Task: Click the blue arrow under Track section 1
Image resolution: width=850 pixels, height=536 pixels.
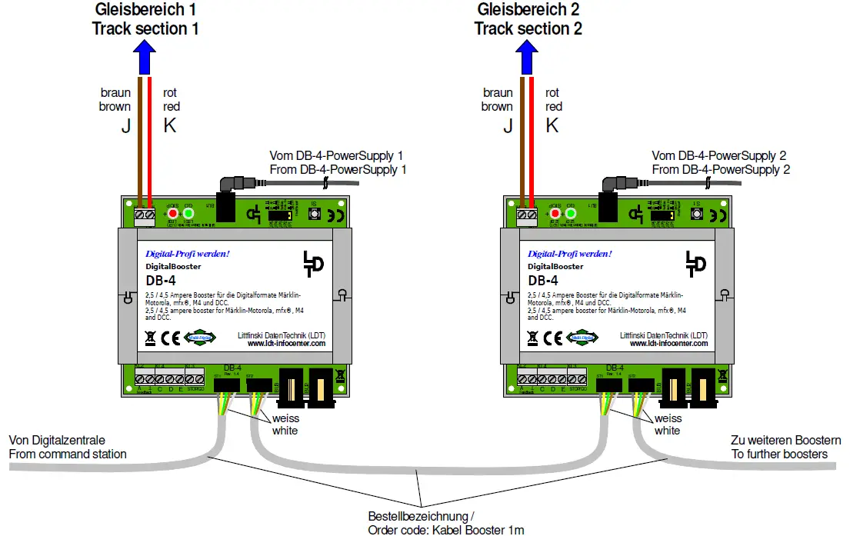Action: pyautogui.click(x=145, y=58)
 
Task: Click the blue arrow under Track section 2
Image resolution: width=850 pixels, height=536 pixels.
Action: pyautogui.click(x=527, y=58)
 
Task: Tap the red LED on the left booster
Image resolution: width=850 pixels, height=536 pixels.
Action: pyautogui.click(x=173, y=214)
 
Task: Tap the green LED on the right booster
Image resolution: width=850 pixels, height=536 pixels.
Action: pyautogui.click(x=570, y=214)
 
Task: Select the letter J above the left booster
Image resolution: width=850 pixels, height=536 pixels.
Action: pyautogui.click(x=126, y=126)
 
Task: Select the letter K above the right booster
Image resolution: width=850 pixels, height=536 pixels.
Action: pyautogui.click(x=552, y=126)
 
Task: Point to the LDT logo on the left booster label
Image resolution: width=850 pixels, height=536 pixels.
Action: pyautogui.click(x=312, y=263)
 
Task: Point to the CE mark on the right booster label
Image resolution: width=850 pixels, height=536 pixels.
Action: pyautogui.click(x=552, y=338)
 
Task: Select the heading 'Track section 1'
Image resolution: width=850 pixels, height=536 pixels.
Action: pyautogui.click(x=145, y=29)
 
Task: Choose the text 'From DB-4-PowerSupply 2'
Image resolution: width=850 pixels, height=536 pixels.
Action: pyautogui.click(x=721, y=169)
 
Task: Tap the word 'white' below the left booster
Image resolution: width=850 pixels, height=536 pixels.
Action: pyautogui.click(x=285, y=431)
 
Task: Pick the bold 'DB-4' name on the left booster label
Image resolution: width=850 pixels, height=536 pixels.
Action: pyautogui.click(x=160, y=281)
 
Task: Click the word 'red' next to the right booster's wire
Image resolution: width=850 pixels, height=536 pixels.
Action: pyautogui.click(x=553, y=107)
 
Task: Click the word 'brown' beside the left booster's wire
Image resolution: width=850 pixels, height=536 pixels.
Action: pyautogui.click(x=115, y=107)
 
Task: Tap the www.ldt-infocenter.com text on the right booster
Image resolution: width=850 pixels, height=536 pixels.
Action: pyautogui.click(x=668, y=344)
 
